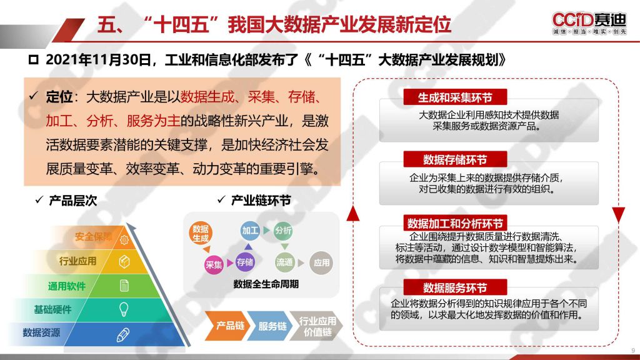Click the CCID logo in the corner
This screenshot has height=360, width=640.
point(589,23)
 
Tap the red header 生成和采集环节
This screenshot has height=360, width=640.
point(455,97)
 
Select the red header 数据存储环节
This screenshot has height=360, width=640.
point(455,159)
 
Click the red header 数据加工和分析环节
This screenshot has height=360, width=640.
point(455,223)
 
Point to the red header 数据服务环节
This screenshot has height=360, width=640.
point(455,287)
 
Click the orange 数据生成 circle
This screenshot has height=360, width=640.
point(201,234)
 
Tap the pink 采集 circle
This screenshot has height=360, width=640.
point(214,264)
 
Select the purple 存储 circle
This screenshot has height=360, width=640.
point(245,262)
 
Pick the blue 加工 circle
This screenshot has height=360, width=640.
point(250,231)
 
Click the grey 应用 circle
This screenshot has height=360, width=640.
point(321,262)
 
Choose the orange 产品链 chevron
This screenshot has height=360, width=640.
point(227,325)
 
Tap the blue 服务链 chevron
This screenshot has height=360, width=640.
point(269,326)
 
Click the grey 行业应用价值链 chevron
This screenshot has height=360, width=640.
point(316,326)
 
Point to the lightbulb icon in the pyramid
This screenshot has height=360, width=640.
point(124,309)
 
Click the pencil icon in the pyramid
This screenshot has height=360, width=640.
point(123,335)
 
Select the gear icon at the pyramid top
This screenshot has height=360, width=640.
point(124,240)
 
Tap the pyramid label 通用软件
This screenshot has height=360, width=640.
point(66,286)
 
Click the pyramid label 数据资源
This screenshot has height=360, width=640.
point(41,332)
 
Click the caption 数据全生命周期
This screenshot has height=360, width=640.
point(266,284)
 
